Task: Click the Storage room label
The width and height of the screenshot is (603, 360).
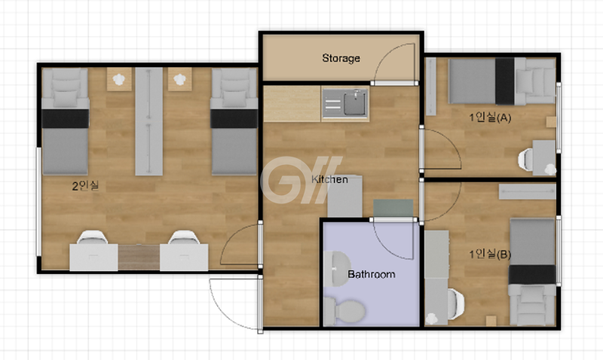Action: pyautogui.click(x=341, y=58)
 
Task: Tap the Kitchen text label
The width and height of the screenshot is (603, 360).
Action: pyautogui.click(x=329, y=179)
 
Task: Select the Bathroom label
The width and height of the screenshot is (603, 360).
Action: pyautogui.click(x=371, y=274)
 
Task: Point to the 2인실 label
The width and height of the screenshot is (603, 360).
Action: pyautogui.click(x=85, y=186)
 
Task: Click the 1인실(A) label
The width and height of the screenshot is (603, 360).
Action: pyautogui.click(x=490, y=117)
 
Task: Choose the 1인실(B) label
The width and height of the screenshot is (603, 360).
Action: pyautogui.click(x=489, y=254)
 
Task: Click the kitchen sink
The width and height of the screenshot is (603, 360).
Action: pyautogui.click(x=345, y=102)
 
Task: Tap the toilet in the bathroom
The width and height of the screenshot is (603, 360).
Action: pyautogui.click(x=344, y=311)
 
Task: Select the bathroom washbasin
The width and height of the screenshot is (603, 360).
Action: pyautogui.click(x=336, y=269)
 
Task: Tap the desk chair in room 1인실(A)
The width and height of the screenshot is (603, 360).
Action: pyautogui.click(x=525, y=159)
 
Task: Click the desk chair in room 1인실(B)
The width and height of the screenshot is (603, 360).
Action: pyautogui.click(x=456, y=304)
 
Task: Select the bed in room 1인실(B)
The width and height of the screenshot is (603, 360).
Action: pyautogui.click(x=533, y=272)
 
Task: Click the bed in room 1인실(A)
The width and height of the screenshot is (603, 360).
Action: pyautogui.click(x=502, y=81)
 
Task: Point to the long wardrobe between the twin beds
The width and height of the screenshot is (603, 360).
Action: pyautogui.click(x=148, y=121)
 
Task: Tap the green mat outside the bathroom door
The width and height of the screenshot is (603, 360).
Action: pyautogui.click(x=393, y=208)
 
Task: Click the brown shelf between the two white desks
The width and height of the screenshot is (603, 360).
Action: pyautogui.click(x=139, y=257)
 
